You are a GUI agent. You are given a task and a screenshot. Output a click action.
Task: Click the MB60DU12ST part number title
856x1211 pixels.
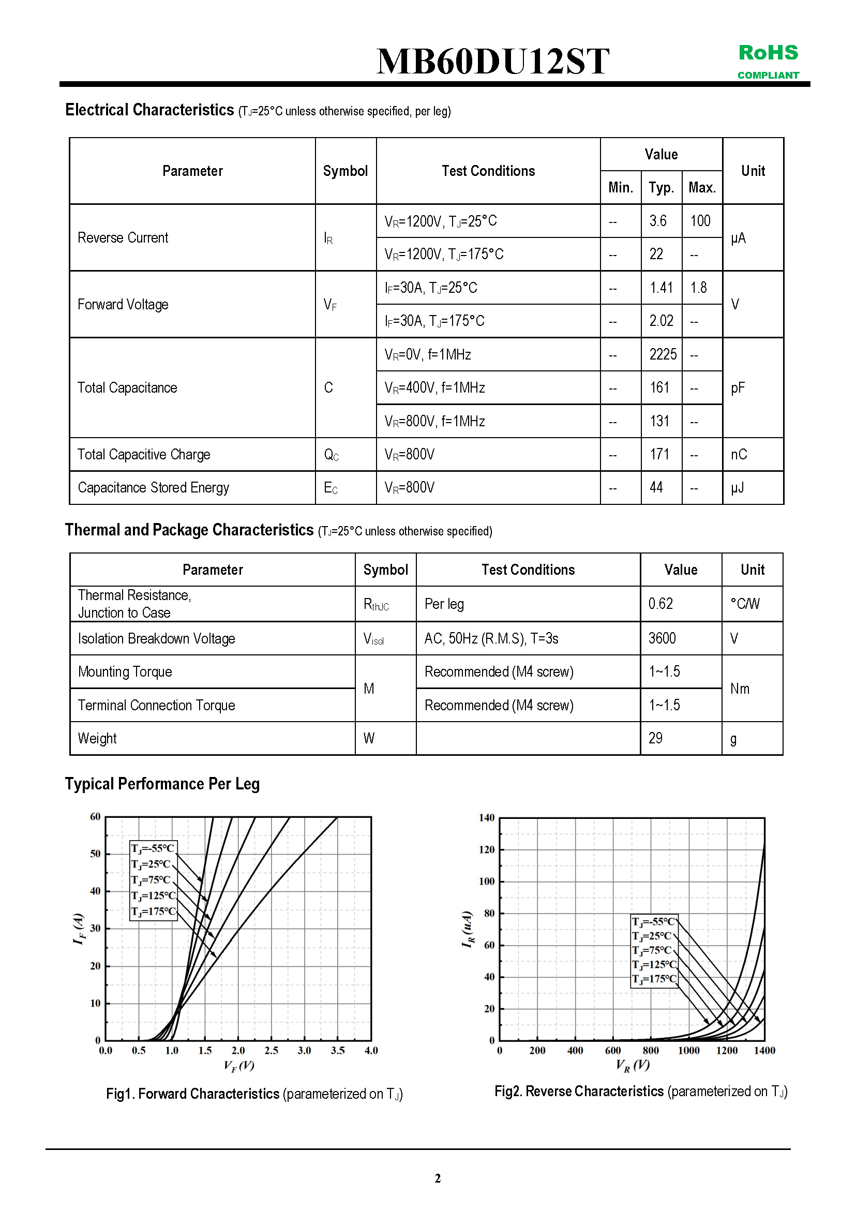pyautogui.click(x=492, y=61)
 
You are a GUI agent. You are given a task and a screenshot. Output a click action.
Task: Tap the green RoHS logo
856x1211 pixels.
pyautogui.click(x=768, y=53)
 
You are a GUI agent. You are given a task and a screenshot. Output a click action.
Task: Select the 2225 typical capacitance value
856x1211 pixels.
pyautogui.click(x=663, y=354)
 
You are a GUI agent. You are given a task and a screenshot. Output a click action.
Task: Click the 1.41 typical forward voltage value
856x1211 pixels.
pyautogui.click(x=661, y=288)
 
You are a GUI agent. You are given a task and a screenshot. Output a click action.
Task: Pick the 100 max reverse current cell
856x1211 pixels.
pyautogui.click(x=700, y=221)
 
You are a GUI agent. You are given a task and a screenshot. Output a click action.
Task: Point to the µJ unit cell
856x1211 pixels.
pyautogui.click(x=738, y=488)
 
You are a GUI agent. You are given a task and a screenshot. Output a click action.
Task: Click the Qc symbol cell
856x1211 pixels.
pyautogui.click(x=331, y=455)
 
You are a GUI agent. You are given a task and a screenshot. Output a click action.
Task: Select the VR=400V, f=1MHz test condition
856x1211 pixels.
pyautogui.click(x=434, y=388)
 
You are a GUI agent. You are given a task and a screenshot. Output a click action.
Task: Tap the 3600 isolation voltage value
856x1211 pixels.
pyautogui.click(x=662, y=639)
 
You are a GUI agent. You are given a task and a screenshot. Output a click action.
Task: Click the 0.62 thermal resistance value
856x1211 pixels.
pyautogui.click(x=660, y=604)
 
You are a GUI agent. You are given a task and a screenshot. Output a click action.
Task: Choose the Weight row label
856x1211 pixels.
pyautogui.click(x=98, y=738)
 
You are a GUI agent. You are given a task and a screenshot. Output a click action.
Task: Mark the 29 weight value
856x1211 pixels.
pyautogui.click(x=655, y=738)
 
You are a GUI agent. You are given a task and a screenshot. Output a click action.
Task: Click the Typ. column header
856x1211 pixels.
pyautogui.click(x=662, y=188)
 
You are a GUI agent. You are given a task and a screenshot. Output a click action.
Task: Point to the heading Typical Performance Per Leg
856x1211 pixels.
pyautogui.click(x=162, y=784)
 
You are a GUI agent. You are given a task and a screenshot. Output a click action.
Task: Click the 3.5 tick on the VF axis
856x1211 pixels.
pyautogui.click(x=338, y=1051)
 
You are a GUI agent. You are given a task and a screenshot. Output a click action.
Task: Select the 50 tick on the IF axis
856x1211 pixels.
pyautogui.click(x=96, y=854)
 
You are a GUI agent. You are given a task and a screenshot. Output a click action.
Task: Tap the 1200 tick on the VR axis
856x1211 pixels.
pyautogui.click(x=726, y=1051)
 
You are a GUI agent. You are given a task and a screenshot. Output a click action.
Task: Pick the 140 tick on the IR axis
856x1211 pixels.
pyautogui.click(x=486, y=818)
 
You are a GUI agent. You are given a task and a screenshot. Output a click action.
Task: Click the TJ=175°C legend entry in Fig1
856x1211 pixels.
pyautogui.click(x=153, y=911)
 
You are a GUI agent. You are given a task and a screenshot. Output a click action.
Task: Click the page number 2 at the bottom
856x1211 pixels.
pyautogui.click(x=437, y=1178)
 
